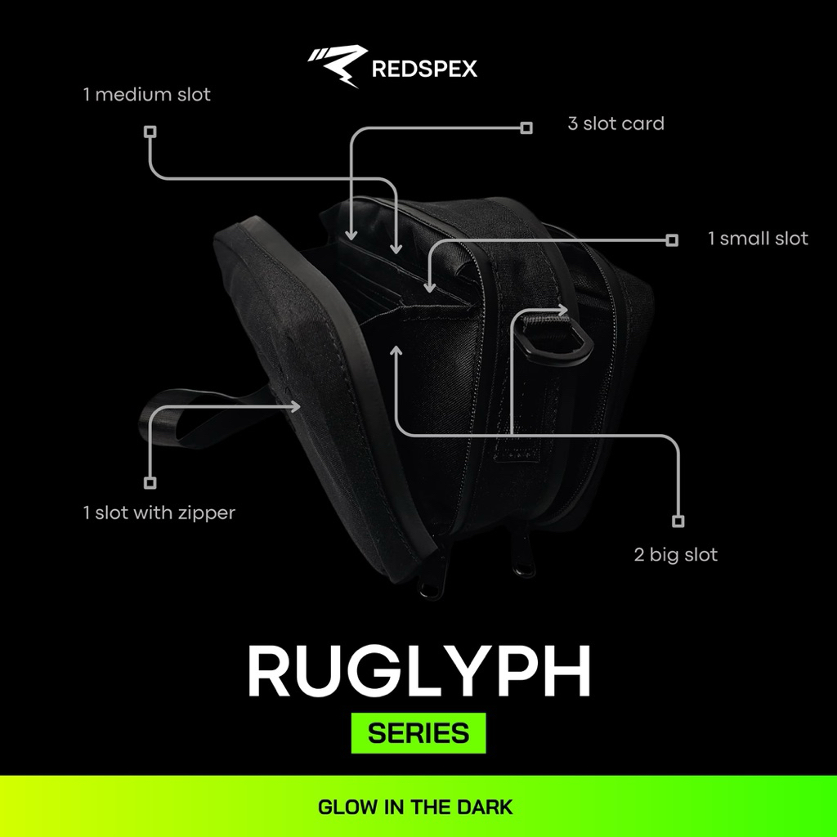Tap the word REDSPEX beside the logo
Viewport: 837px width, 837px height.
point(424,69)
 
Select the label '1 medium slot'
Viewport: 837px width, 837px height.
point(146,95)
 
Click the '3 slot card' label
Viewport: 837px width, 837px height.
point(615,124)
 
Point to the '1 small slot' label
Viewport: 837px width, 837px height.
point(757,239)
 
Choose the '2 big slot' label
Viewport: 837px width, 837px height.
point(675,555)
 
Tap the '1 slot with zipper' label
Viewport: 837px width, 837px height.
point(159,513)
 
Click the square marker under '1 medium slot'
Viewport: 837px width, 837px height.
point(150,131)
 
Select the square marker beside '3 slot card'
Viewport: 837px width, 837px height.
point(526,128)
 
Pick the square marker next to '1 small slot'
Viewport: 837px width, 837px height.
point(672,239)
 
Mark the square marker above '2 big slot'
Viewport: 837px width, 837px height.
point(677,521)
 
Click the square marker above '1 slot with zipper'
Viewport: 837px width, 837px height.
point(150,482)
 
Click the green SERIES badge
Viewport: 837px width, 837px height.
point(418,733)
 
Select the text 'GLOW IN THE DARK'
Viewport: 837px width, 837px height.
point(415,808)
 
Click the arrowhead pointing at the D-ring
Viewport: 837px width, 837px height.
point(564,309)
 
